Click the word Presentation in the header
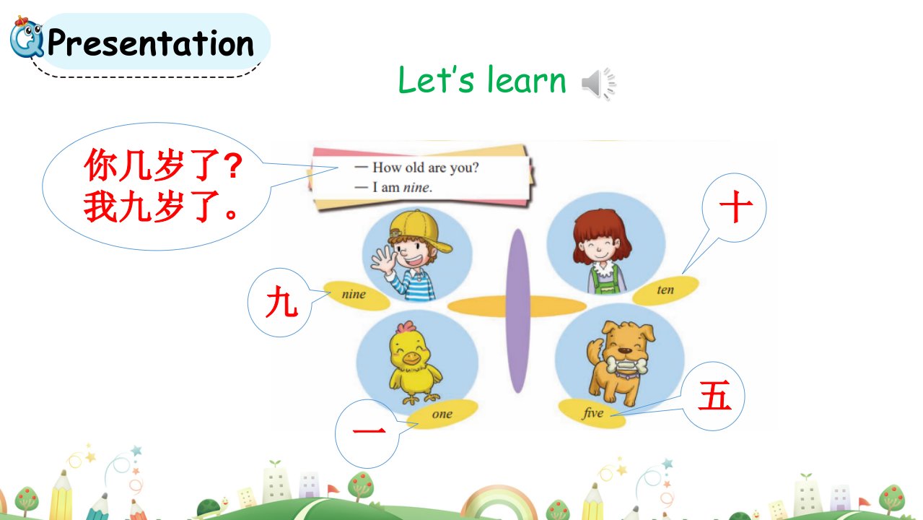click(151, 43)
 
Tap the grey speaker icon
click(599, 84)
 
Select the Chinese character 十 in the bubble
click(736, 207)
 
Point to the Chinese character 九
click(282, 302)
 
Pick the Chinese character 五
click(715, 395)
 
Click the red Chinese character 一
click(369, 431)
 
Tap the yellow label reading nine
click(356, 295)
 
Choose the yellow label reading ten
click(665, 290)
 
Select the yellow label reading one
click(442, 414)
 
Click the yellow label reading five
click(592, 413)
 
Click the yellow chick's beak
click(411, 357)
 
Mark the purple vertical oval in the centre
click(518, 311)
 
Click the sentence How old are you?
click(426, 168)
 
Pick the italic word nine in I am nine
click(416, 188)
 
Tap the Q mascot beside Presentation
click(27, 38)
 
